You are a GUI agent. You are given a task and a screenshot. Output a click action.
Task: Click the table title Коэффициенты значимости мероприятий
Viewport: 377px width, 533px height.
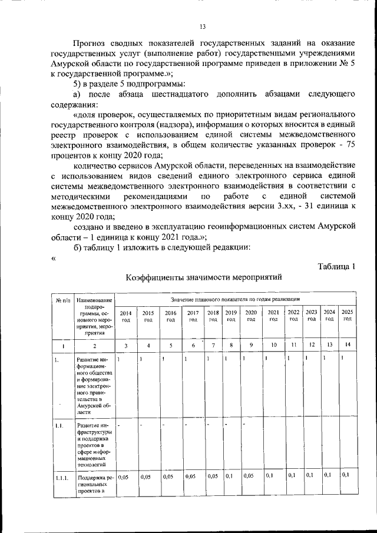pos(204,276)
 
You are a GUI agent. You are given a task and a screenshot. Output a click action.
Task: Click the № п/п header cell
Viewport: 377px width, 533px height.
pos(63,300)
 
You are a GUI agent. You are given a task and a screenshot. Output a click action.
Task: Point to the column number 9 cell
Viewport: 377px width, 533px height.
pos(251,344)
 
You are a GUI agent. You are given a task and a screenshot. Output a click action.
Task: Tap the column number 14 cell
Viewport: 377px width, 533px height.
pos(348,344)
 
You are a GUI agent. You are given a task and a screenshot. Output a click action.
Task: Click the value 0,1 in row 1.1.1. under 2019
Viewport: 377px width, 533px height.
pos(229,475)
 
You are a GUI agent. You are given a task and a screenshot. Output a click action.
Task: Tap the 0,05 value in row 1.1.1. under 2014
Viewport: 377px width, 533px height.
pos(123,476)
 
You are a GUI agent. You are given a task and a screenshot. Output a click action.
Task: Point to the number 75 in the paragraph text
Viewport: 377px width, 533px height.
pos(350,145)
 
